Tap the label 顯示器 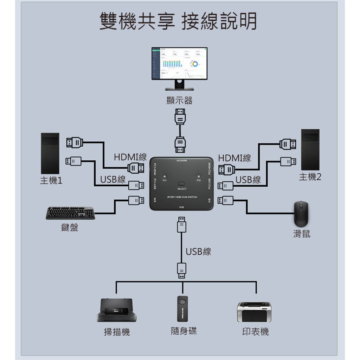coord(179,101)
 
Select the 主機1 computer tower coord(50,153)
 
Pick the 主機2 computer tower coord(310,150)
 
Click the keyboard coord(70,213)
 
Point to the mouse coord(301,214)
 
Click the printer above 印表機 coord(254,311)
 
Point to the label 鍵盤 coord(70,228)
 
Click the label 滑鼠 coord(302,234)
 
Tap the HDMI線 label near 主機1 coord(130,157)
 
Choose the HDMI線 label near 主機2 coord(234,158)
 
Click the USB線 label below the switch coord(198,251)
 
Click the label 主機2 coord(310,177)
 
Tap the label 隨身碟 coord(184,331)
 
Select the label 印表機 coord(256,332)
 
